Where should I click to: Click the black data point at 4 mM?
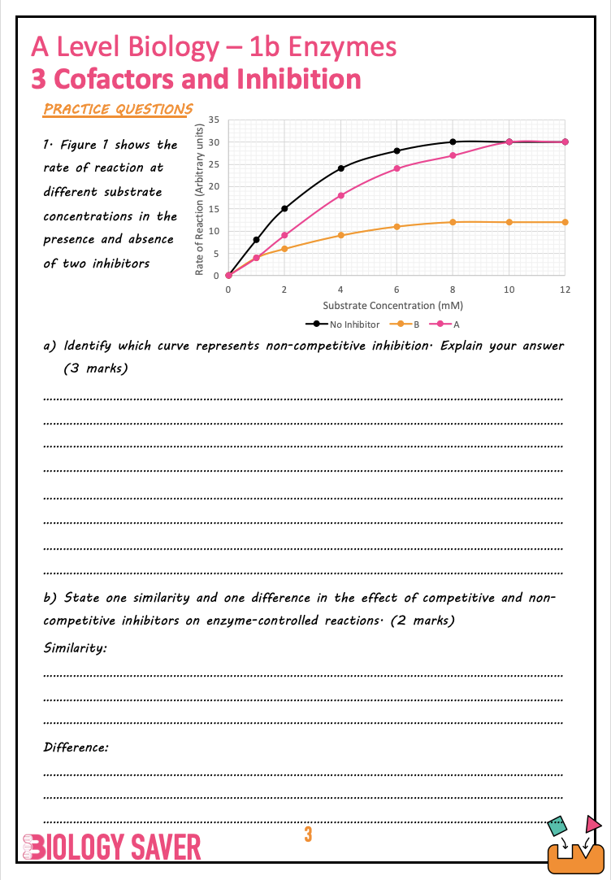(x=340, y=168)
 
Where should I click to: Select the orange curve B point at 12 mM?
(x=565, y=222)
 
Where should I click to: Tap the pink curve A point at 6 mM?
(x=396, y=168)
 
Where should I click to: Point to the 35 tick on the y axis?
(x=213, y=120)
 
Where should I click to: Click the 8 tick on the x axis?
(x=453, y=290)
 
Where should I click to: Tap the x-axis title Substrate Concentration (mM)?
(x=392, y=306)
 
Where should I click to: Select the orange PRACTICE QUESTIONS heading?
(x=118, y=109)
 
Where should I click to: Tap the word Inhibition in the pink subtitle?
(x=299, y=80)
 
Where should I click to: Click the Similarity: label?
(x=75, y=648)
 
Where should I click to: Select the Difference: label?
(x=76, y=747)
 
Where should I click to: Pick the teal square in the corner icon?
(x=557, y=826)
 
